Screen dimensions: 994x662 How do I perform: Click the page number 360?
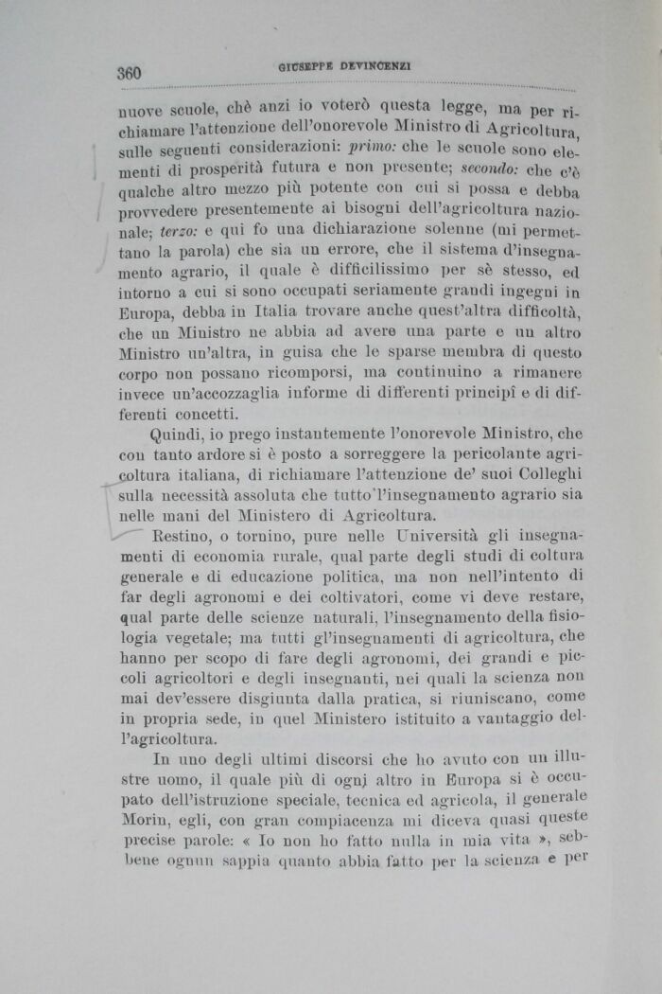tap(129, 74)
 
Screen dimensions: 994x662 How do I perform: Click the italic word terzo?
tap(177, 232)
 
